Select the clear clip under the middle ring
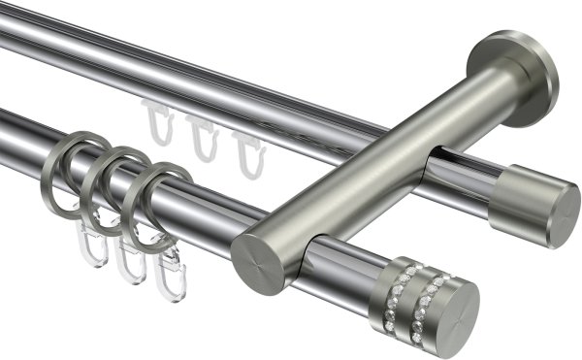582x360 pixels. tap(128, 260)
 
